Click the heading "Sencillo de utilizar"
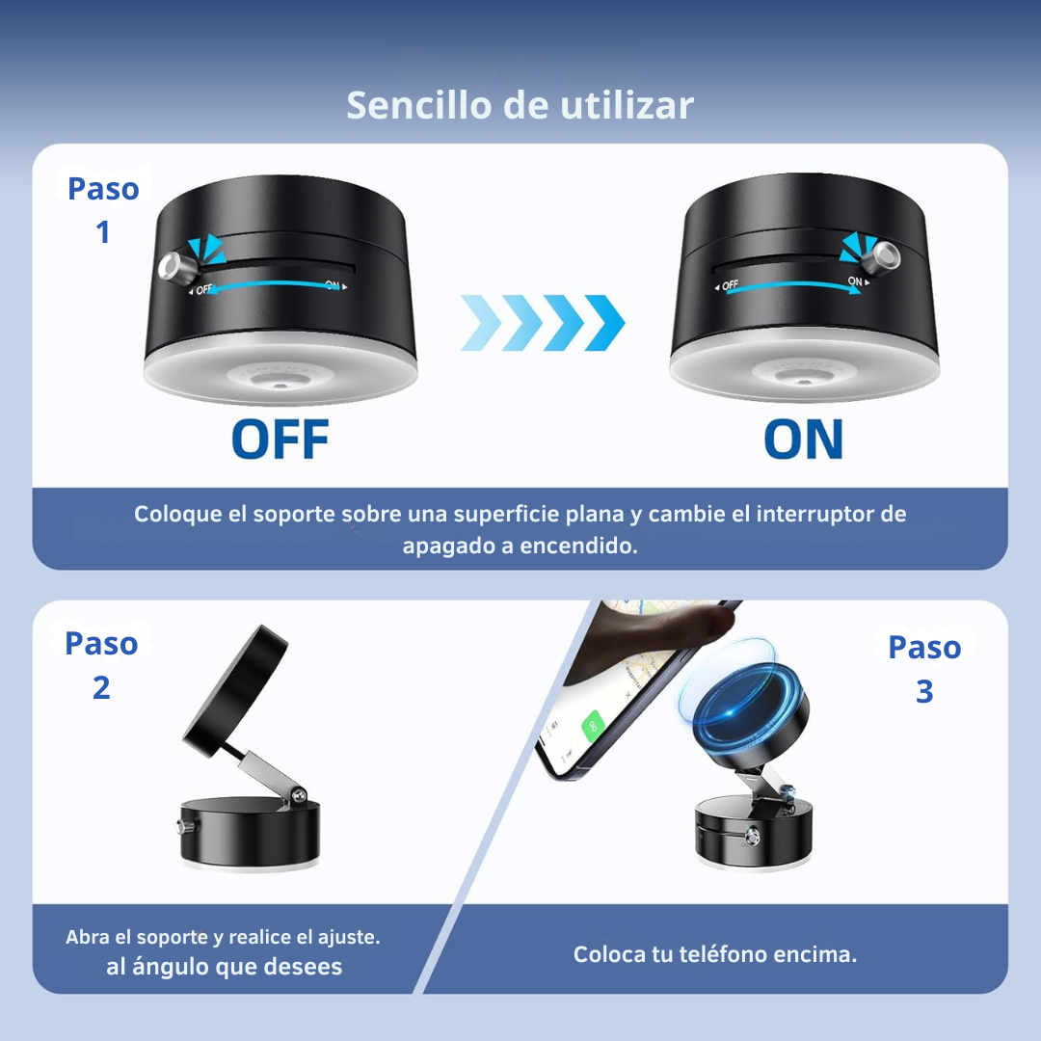coord(520,105)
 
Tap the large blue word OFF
coord(280,439)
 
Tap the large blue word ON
coord(803,439)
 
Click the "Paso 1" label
coord(103,210)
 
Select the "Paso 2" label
coord(101,664)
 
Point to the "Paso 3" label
coord(924,669)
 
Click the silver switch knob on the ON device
coord(886,254)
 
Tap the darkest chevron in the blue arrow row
coord(604,323)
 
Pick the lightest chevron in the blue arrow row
coord(481,323)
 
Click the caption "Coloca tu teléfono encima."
coord(715,954)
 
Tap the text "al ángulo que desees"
coord(224,967)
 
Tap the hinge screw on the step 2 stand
coord(300,794)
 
